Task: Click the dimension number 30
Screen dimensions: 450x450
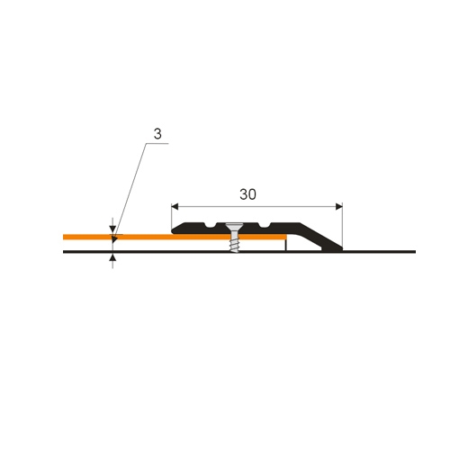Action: coord(247,194)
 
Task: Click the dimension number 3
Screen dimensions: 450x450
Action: coord(157,134)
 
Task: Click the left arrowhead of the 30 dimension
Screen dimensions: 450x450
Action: coord(175,207)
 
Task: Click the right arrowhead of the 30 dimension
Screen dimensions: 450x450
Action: coord(339,207)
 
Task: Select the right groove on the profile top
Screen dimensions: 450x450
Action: coord(264,225)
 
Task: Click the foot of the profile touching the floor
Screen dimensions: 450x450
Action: coord(332,248)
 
